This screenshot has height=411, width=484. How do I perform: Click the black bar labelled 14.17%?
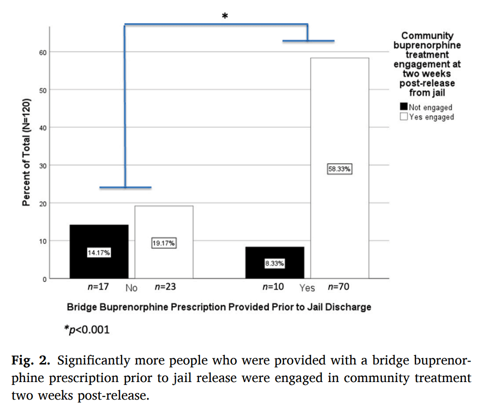(99, 252)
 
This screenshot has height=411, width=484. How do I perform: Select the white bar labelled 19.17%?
(164, 242)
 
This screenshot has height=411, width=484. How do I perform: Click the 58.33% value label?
(339, 168)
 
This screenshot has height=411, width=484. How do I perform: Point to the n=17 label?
(99, 287)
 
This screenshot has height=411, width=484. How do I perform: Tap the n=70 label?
(338, 287)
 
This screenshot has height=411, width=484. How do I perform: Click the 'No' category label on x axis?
(131, 288)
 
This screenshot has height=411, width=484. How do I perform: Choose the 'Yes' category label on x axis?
(307, 288)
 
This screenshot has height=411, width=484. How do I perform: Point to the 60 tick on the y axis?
(43, 52)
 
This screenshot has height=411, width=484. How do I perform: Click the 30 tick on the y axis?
(43, 166)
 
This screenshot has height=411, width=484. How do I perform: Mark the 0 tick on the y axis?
(45, 279)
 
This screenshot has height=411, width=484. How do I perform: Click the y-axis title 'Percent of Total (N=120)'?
(27, 152)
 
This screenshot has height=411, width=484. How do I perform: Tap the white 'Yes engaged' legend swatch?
(404, 117)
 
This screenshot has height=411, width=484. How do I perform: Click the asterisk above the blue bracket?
(225, 17)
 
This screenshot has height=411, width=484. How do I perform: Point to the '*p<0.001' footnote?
(87, 329)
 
